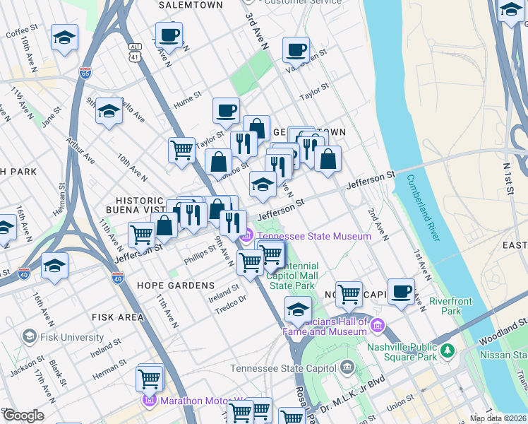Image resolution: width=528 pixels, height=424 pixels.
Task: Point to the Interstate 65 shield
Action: pyautogui.click(x=85, y=73)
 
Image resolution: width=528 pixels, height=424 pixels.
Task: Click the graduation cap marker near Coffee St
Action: pyautogui.click(x=64, y=39)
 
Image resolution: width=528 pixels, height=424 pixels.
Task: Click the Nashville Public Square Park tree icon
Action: pyautogui.click(x=445, y=351)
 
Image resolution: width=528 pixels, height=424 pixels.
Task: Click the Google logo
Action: pyautogui.click(x=24, y=416)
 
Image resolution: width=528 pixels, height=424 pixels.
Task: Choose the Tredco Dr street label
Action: pyautogui.click(x=231, y=299)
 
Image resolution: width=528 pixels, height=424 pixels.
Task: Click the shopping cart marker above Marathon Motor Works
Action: pyautogui.click(x=149, y=378)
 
